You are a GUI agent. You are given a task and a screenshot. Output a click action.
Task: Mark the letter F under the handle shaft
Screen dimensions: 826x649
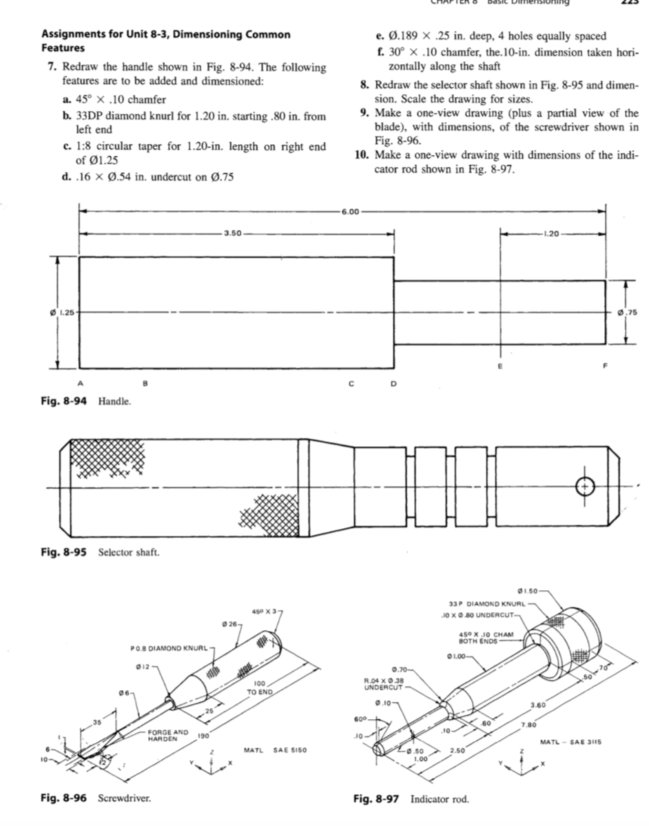click(606, 367)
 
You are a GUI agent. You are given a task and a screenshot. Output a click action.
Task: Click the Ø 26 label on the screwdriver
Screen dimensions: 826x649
click(229, 624)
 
